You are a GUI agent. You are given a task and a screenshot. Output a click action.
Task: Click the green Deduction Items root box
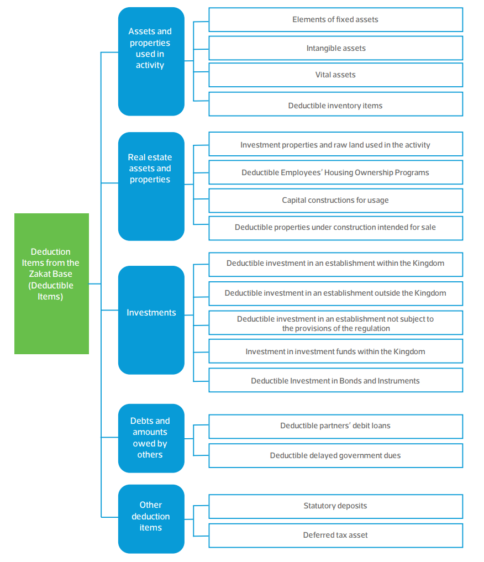[x=51, y=283]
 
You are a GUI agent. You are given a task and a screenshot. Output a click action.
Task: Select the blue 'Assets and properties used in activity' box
[x=151, y=61]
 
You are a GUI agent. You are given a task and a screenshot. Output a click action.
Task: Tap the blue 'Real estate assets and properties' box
[x=151, y=186]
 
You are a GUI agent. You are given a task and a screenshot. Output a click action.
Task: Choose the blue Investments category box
[x=151, y=320]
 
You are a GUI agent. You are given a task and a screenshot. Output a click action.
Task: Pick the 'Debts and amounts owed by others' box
[x=151, y=438]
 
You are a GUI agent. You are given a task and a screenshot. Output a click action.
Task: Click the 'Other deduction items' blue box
[x=151, y=519]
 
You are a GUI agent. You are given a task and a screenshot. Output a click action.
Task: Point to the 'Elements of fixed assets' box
[x=336, y=20]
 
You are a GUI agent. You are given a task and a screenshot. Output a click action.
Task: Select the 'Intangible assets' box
[x=336, y=48]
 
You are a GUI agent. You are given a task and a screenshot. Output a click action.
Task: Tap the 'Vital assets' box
[x=336, y=75]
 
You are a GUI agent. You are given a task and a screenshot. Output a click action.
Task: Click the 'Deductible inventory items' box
[x=336, y=104]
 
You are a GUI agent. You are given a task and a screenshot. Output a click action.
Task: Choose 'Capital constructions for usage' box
[x=336, y=201]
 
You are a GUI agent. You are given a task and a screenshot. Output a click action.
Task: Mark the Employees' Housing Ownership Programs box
[x=336, y=172]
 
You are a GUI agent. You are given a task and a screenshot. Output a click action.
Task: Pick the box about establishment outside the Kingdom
[x=336, y=293]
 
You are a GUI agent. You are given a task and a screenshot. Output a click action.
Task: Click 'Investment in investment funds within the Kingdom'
[x=336, y=351]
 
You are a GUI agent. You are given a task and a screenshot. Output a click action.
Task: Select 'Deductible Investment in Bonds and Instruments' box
[x=336, y=380]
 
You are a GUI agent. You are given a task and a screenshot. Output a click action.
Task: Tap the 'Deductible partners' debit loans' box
[x=336, y=427]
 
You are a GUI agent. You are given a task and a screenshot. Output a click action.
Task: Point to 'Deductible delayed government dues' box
[x=336, y=455]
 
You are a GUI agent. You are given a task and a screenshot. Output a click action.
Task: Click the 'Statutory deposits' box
[x=336, y=506]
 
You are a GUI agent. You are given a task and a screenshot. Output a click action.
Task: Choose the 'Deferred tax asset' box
[x=336, y=535]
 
